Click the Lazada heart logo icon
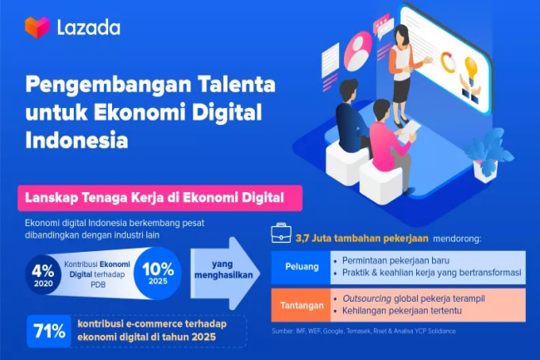pos(37,27)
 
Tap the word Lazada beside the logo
pos(89,28)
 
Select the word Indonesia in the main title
pos(76,141)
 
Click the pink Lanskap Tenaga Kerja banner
pos(160,198)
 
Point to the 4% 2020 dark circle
pos(43,274)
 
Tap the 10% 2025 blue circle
pos(158,273)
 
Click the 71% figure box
pos(49,331)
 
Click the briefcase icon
pos(281,234)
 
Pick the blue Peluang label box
pos(301,268)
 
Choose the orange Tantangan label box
pos(301,305)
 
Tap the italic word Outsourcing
pos(366,298)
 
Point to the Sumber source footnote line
pos(364,331)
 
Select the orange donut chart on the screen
pos(448,62)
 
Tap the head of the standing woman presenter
pos(401,34)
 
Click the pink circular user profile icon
pos(357,51)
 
